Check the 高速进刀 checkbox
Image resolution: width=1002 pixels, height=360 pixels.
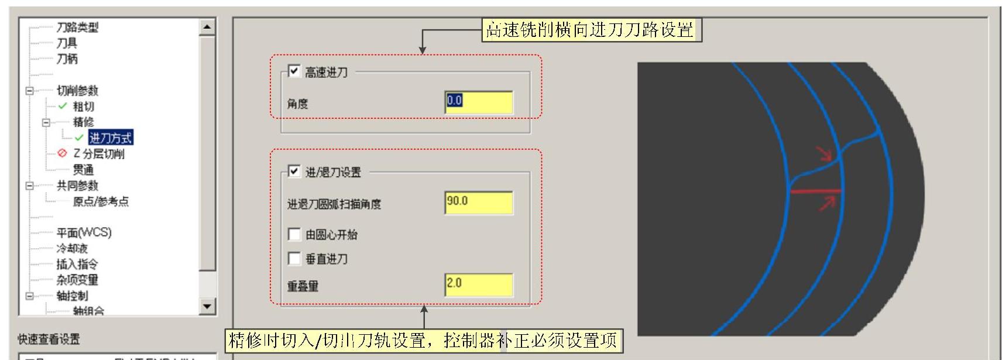pyautogui.click(x=294, y=71)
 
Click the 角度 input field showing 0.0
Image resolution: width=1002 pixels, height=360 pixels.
pyautogui.click(x=478, y=102)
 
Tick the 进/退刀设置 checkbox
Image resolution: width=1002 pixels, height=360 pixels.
pyautogui.click(x=294, y=172)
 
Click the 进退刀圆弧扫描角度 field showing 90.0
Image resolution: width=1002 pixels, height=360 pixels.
pyautogui.click(x=478, y=203)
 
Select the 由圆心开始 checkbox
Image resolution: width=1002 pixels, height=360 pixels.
pyautogui.click(x=294, y=235)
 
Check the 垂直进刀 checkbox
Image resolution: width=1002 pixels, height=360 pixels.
pyautogui.click(x=294, y=259)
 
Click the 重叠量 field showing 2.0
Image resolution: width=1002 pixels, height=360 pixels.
pyautogui.click(x=478, y=284)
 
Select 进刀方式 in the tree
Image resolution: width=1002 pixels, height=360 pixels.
pyautogui.click(x=111, y=138)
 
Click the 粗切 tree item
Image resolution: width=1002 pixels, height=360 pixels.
pyautogui.click(x=83, y=107)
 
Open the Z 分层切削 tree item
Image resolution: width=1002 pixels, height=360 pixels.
pyautogui.click(x=98, y=154)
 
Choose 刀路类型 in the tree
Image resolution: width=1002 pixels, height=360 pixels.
pyautogui.click(x=77, y=27)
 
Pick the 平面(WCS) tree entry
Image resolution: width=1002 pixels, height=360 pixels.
pyautogui.click(x=84, y=232)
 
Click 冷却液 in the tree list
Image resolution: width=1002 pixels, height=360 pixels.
pyautogui.click(x=72, y=248)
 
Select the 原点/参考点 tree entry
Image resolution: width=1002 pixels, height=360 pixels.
pyautogui.click(x=100, y=201)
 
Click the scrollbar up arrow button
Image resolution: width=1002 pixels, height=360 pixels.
pyautogui.click(x=207, y=26)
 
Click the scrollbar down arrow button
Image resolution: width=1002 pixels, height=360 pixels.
pyautogui.click(x=207, y=306)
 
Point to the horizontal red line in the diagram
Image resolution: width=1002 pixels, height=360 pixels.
pyautogui.click(x=815, y=191)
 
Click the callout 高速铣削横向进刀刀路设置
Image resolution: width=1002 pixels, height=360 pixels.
pyautogui.click(x=591, y=30)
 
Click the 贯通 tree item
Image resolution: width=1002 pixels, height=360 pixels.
pyautogui.click(x=83, y=170)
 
